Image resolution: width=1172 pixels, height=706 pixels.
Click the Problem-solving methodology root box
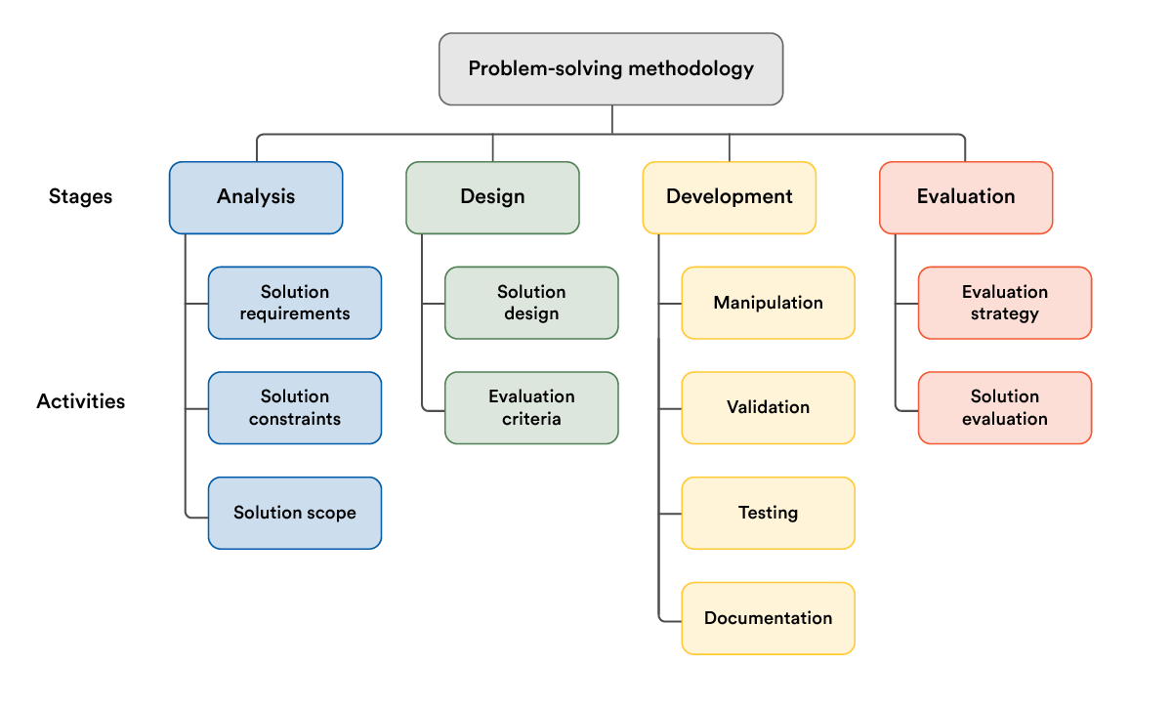coord(610,68)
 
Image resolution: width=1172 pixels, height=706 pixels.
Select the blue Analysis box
coord(256,197)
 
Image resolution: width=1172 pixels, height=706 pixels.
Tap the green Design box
coord(492,197)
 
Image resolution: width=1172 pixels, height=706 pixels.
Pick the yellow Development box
coord(729,197)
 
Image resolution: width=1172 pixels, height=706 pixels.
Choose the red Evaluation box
coord(966,197)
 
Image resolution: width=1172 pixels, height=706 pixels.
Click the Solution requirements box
coord(295,303)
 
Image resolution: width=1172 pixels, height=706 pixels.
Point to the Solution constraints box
coord(295,407)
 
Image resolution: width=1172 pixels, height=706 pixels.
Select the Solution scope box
coord(295,513)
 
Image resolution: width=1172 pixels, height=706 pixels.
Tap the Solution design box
coord(531,303)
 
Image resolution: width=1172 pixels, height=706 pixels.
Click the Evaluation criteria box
coord(531,407)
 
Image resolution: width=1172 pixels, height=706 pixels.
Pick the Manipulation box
coord(768,303)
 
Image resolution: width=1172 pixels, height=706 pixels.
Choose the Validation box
coord(768,407)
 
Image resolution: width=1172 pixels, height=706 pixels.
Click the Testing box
coord(768,513)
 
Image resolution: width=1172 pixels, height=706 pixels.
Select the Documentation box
coord(768,618)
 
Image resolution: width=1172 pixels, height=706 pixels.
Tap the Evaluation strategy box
coord(1005,303)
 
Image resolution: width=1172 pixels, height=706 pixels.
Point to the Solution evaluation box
coord(1005,407)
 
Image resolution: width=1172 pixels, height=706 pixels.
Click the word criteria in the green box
coord(531,419)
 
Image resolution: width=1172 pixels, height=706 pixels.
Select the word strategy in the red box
coord(1005,314)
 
